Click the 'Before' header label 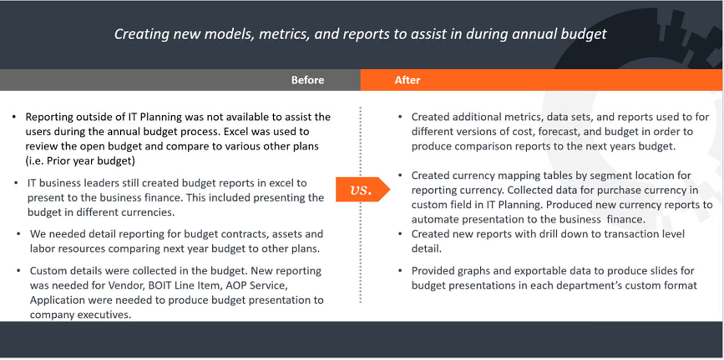pos(307,80)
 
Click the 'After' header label pos(407,80)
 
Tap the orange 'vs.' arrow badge pos(363,189)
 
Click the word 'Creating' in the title pos(142,34)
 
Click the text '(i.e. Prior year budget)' pos(80,161)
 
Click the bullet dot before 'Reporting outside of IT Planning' pos(14,117)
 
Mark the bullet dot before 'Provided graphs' pos(400,271)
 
